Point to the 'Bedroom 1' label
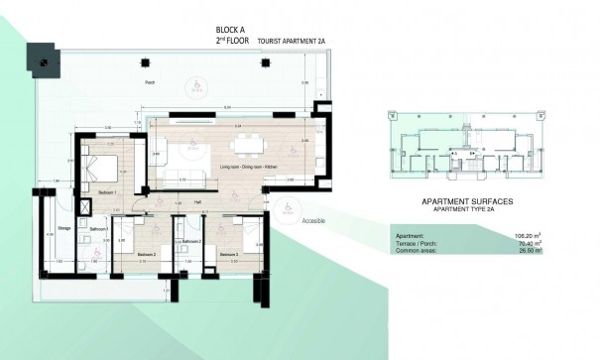click(x=108, y=191)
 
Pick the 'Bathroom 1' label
click(x=97, y=229)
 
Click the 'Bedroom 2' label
click(x=147, y=255)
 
